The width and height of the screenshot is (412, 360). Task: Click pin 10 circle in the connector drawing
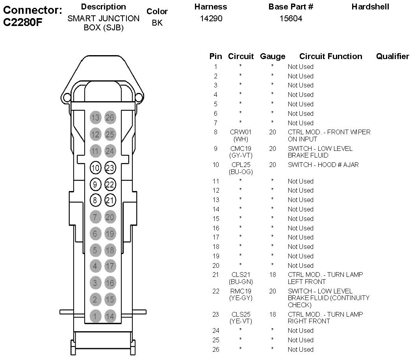(95, 168)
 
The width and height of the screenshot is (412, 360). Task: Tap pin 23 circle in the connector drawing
(110, 168)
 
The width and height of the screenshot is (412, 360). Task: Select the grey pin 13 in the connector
(95, 117)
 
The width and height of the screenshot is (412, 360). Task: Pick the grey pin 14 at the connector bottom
(110, 316)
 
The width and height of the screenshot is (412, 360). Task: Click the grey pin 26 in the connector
(110, 117)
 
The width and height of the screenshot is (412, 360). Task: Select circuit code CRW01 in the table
(241, 132)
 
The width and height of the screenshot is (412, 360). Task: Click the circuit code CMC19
(241, 149)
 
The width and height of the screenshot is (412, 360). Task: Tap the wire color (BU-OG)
(241, 172)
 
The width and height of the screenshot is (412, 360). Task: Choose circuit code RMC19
(241, 291)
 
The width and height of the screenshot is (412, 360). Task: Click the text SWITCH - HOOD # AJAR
(323, 165)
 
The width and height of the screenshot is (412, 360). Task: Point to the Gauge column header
(273, 57)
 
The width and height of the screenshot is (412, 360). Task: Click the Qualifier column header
(392, 57)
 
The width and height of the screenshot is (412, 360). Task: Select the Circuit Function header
(330, 57)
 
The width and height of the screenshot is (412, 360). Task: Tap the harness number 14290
(211, 19)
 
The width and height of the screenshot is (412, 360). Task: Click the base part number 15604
(291, 19)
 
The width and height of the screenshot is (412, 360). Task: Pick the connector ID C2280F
(22, 22)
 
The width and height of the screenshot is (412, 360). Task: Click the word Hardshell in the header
(370, 7)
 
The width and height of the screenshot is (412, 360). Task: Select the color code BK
(157, 23)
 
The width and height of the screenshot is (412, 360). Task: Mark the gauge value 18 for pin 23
(273, 314)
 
